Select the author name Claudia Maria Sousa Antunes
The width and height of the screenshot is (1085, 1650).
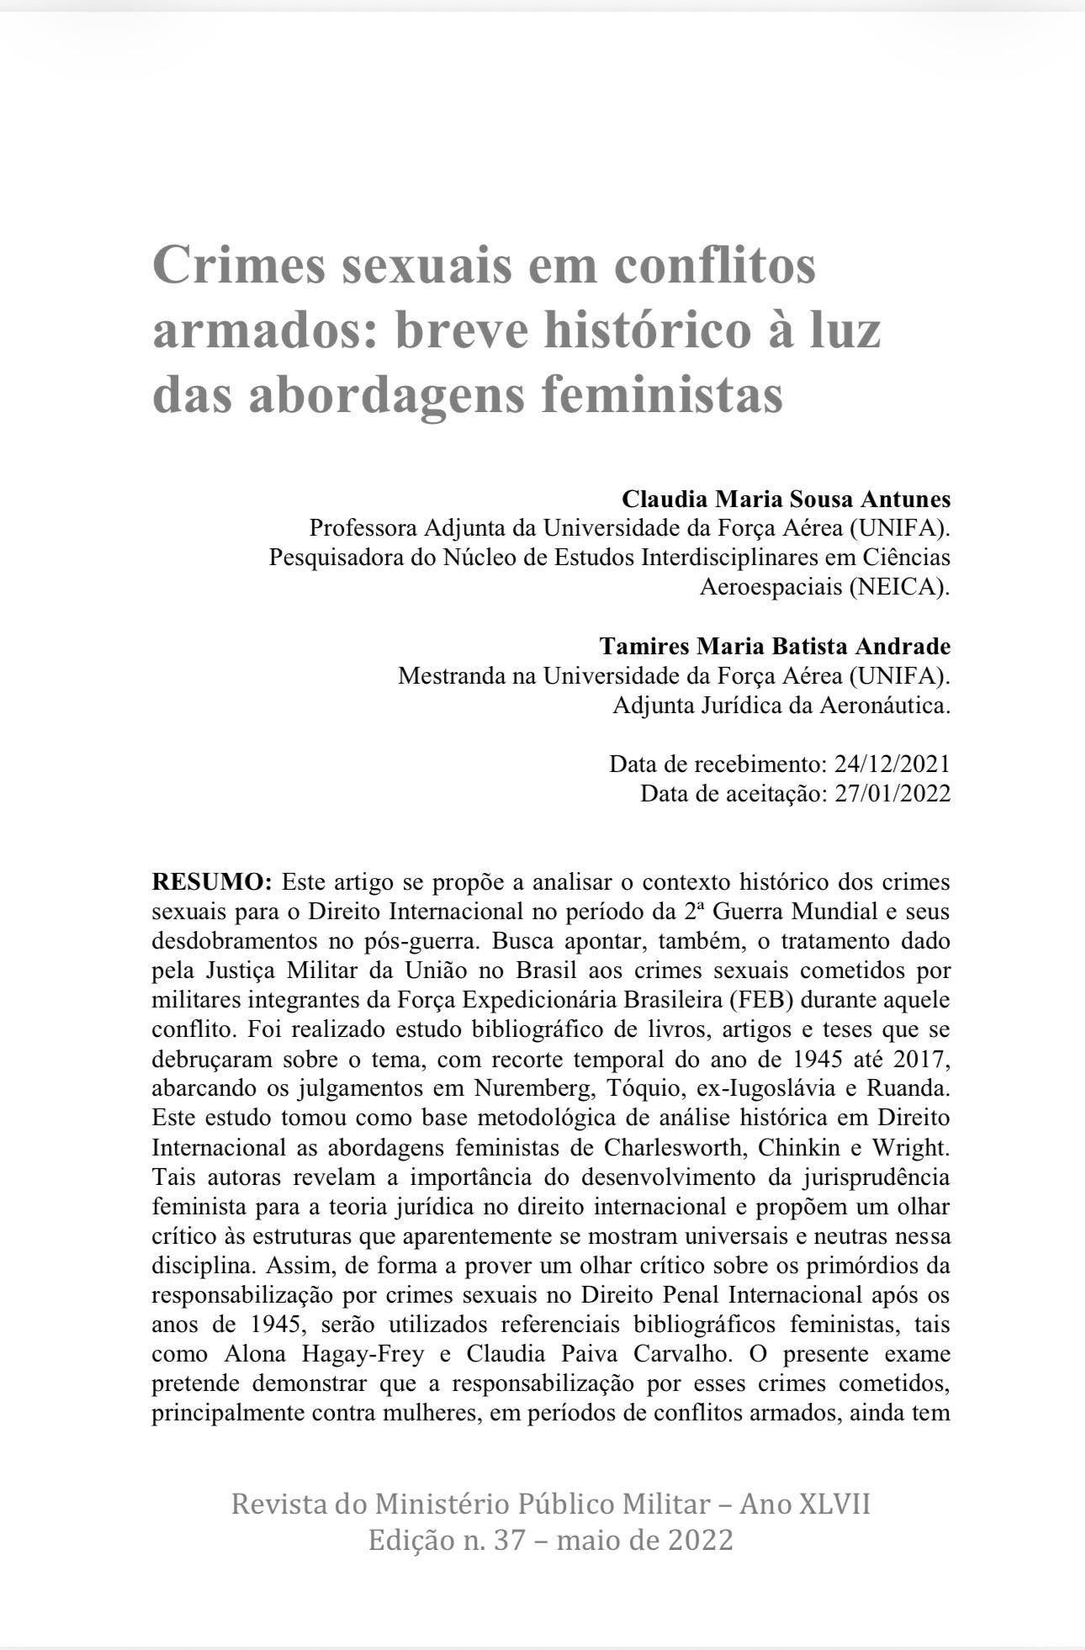click(786, 500)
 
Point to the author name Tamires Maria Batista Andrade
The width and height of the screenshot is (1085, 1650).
click(775, 647)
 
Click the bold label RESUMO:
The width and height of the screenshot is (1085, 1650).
click(212, 882)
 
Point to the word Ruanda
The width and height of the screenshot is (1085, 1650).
click(912, 1088)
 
